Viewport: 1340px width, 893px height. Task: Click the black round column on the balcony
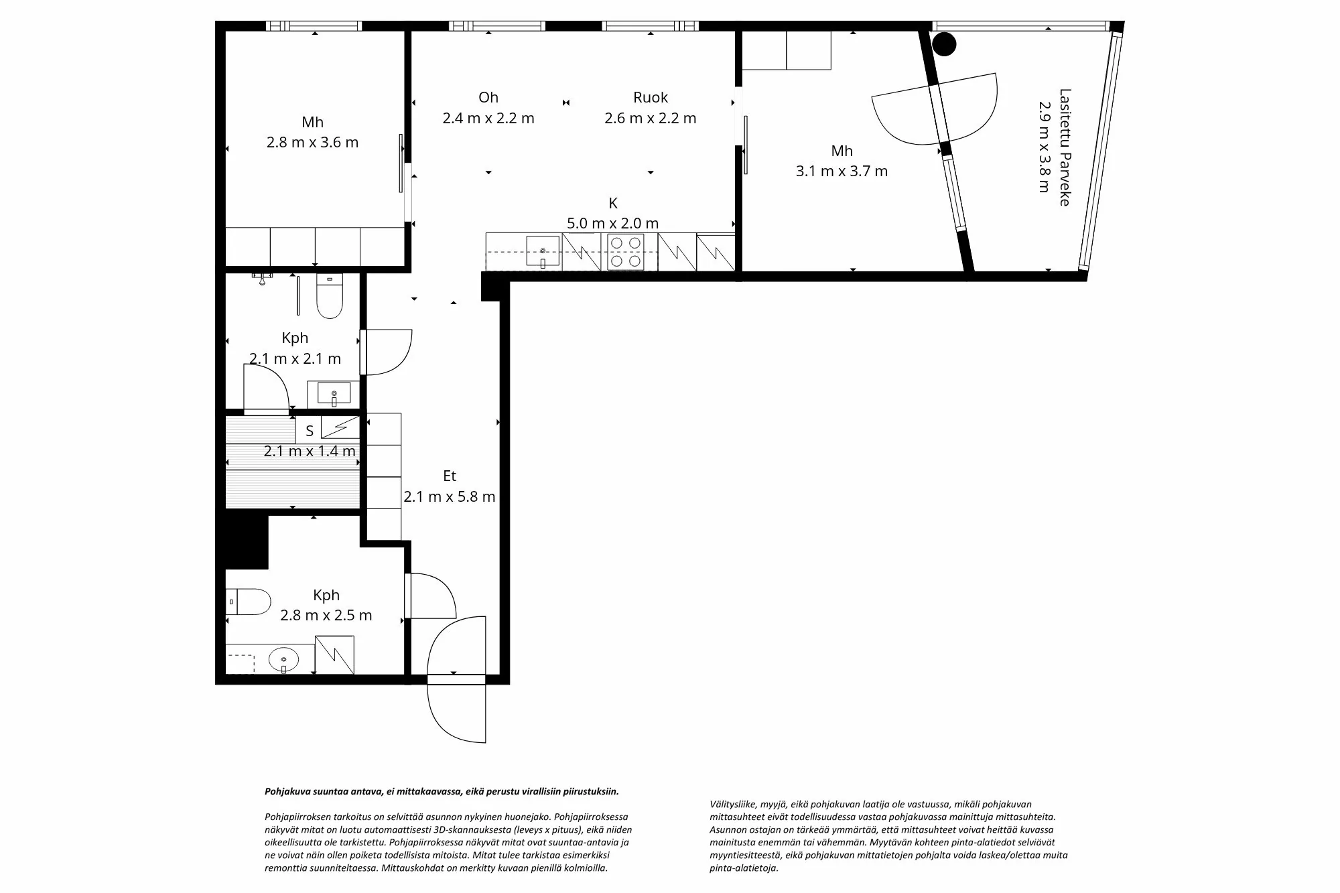(945, 44)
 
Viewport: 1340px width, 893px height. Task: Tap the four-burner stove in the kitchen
(626, 252)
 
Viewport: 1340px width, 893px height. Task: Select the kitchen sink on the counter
(543, 251)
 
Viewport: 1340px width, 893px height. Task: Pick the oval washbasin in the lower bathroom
(283, 659)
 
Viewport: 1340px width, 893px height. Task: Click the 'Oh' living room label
(488, 97)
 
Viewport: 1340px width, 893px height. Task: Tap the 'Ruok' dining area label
(651, 97)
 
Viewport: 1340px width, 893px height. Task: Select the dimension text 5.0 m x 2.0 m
(612, 223)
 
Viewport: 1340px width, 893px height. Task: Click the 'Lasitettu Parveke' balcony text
(1065, 147)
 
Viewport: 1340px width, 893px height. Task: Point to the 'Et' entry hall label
(450, 476)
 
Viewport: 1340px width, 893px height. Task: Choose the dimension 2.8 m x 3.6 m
(312, 142)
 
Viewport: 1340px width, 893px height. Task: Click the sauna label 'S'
(310, 431)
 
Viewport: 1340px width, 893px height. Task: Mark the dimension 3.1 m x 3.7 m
(842, 171)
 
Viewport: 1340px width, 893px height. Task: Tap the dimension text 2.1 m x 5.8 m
(450, 496)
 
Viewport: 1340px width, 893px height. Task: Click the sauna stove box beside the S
(340, 427)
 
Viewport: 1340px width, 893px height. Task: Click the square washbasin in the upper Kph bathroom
(334, 393)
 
